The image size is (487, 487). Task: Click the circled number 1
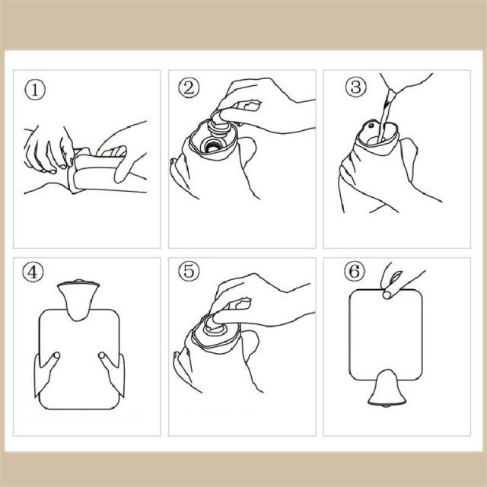(x=35, y=90)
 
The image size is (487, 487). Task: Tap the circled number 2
(x=189, y=88)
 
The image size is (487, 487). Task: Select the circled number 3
(x=355, y=87)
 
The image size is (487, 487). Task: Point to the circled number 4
(x=33, y=272)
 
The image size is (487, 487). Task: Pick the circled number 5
(x=189, y=271)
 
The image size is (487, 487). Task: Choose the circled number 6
(x=355, y=271)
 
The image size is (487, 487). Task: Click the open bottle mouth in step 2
(x=212, y=145)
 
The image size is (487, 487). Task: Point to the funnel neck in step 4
(x=78, y=301)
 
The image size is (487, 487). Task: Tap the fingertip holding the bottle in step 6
(x=388, y=294)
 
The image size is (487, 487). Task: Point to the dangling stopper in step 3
(x=371, y=127)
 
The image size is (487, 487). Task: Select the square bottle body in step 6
(x=386, y=334)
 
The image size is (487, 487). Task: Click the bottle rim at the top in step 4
(x=78, y=283)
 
